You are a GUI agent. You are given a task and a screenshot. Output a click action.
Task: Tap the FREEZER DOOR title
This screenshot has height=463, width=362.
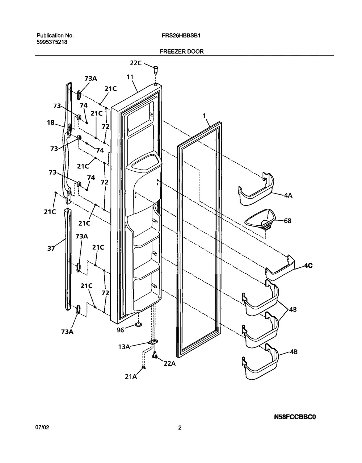pos(182,51)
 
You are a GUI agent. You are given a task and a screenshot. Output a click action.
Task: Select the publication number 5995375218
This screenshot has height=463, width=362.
pos(52,42)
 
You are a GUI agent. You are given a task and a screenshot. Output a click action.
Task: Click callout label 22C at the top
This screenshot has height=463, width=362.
pos(136,63)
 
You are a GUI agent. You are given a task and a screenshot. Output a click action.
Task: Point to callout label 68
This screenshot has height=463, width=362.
pos(287,220)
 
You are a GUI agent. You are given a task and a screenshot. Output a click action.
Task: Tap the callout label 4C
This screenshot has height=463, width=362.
pos(308,265)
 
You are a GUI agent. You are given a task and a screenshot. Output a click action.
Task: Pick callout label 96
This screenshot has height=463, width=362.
pos(120,330)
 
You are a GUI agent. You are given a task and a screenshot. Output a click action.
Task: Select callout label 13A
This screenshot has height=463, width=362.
pos(124,347)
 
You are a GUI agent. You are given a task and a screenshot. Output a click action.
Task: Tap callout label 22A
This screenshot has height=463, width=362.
pos(169,364)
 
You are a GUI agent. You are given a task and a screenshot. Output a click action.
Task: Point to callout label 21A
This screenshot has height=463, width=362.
pos(131,377)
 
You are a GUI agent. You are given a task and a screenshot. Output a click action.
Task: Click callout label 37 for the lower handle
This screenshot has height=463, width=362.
pos(51,248)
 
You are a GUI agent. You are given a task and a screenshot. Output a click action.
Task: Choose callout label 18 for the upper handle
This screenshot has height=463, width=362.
pos(50,123)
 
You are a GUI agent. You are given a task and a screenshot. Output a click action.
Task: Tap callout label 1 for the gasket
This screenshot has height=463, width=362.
pos(205,116)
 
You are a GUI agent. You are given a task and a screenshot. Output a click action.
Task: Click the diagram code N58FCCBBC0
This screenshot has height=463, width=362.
pos(295,417)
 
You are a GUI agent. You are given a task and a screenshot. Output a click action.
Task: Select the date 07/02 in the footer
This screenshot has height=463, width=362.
pos(43,427)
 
